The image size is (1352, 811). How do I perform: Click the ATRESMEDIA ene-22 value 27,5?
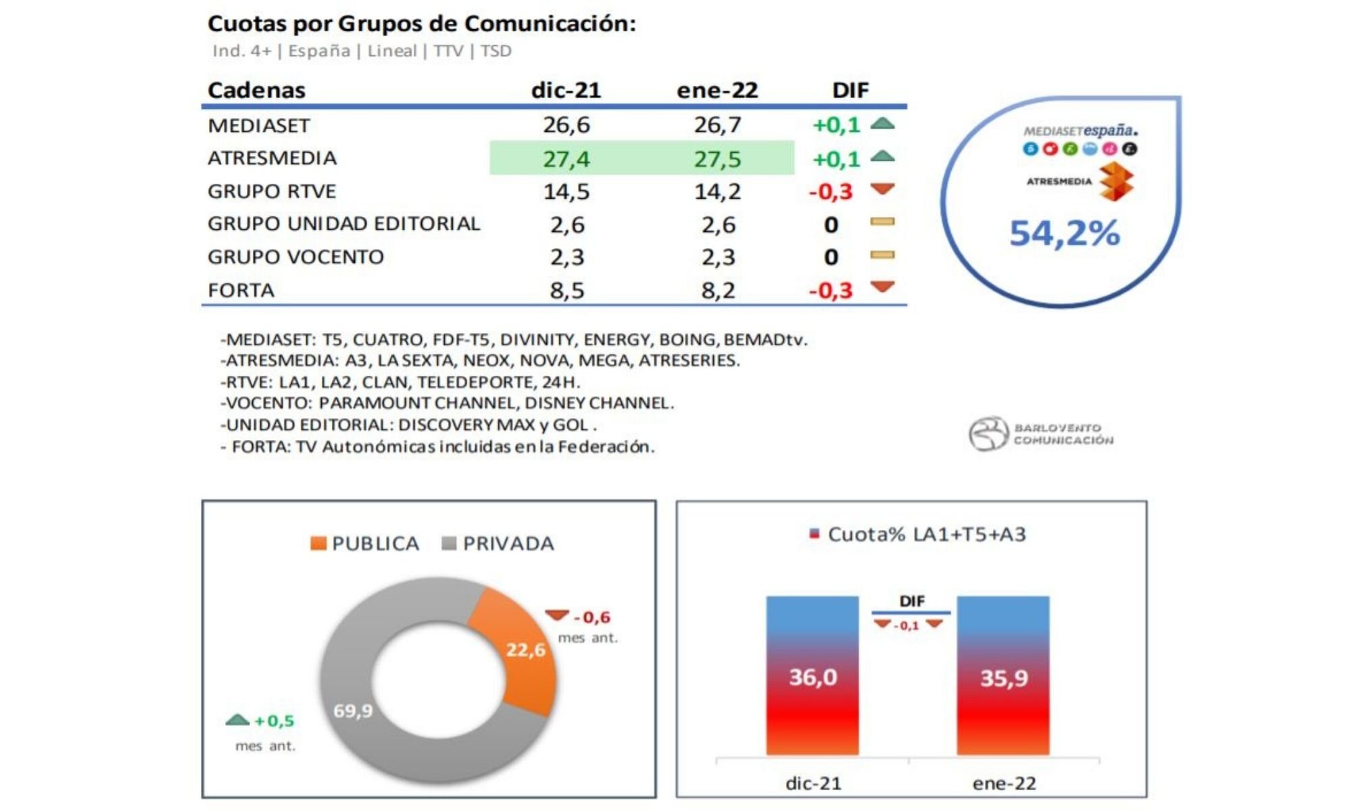pyautogui.click(x=717, y=159)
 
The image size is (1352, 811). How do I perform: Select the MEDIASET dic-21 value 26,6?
pyautogui.click(x=566, y=125)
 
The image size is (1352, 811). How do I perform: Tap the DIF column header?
pyautogui.click(x=850, y=90)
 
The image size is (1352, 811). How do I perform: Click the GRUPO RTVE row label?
pyautogui.click(x=272, y=191)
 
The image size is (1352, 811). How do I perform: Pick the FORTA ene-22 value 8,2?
pyautogui.click(x=717, y=291)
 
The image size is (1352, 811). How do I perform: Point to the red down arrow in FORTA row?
pyautogui.click(x=882, y=287)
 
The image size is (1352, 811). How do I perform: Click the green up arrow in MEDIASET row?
pyautogui.click(x=882, y=124)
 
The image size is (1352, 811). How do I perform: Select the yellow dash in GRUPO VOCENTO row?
pyautogui.click(x=882, y=255)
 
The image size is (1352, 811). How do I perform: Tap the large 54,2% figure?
pyautogui.click(x=1064, y=233)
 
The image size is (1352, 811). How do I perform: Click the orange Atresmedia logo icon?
pyautogui.click(x=1115, y=182)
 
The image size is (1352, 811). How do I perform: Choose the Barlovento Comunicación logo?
pyautogui.click(x=1041, y=434)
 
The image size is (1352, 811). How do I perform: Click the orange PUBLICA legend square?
pyautogui.click(x=318, y=543)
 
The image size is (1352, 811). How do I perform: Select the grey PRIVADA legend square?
pyautogui.click(x=449, y=543)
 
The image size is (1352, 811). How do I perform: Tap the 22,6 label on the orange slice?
pyautogui.click(x=526, y=650)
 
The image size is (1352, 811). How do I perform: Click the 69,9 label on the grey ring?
pyautogui.click(x=353, y=711)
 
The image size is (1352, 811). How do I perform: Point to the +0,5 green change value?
pyautogui.click(x=274, y=721)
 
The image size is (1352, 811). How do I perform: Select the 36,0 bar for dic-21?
pyautogui.click(x=813, y=676)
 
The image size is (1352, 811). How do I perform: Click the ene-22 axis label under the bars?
pyautogui.click(x=1004, y=783)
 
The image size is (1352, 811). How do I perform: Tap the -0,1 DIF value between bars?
pyautogui.click(x=907, y=626)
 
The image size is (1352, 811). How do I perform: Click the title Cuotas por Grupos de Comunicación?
pyautogui.click(x=422, y=24)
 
